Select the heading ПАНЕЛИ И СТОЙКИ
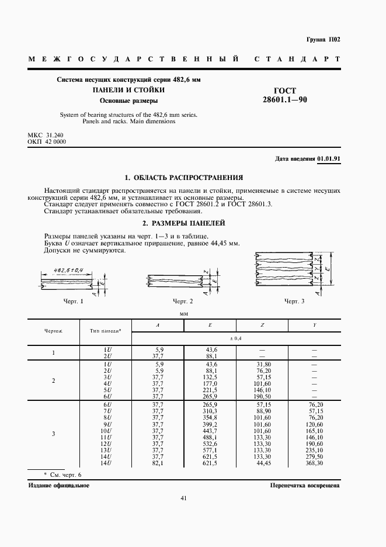(128, 90)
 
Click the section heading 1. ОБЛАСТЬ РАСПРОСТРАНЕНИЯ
(184, 178)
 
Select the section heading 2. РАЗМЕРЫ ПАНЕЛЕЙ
(184, 223)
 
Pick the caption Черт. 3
(294, 301)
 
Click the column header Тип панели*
(105, 331)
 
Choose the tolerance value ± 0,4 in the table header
(237, 339)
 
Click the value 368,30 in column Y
(314, 463)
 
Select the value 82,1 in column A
(157, 463)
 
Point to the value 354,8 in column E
(208, 418)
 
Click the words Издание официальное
(58, 486)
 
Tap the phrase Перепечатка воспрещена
(305, 486)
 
